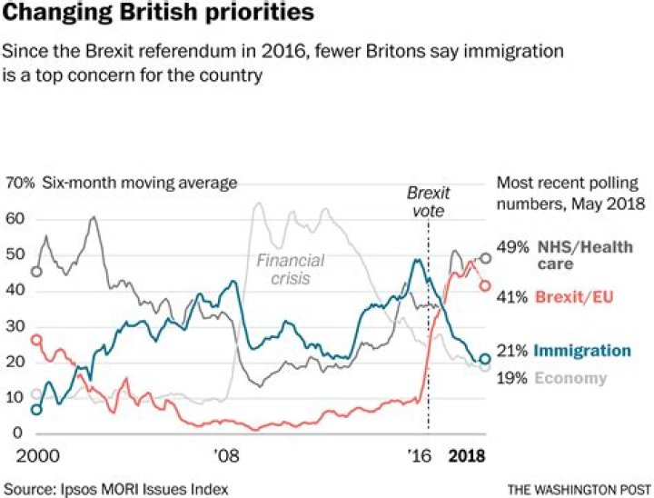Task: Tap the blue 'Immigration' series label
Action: click(x=582, y=351)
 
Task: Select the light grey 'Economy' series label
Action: click(x=570, y=378)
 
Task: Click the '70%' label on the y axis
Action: click(x=20, y=183)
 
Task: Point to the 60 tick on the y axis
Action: click(x=14, y=219)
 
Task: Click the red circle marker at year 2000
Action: click(x=36, y=339)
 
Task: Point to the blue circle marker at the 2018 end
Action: click(x=485, y=360)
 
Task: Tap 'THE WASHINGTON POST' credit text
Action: click(x=580, y=490)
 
